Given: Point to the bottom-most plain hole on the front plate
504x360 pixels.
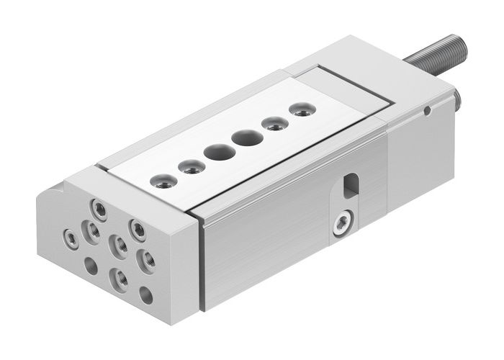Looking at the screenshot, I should click(145, 294).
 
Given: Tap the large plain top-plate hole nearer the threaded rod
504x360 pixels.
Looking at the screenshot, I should click(247, 137).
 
